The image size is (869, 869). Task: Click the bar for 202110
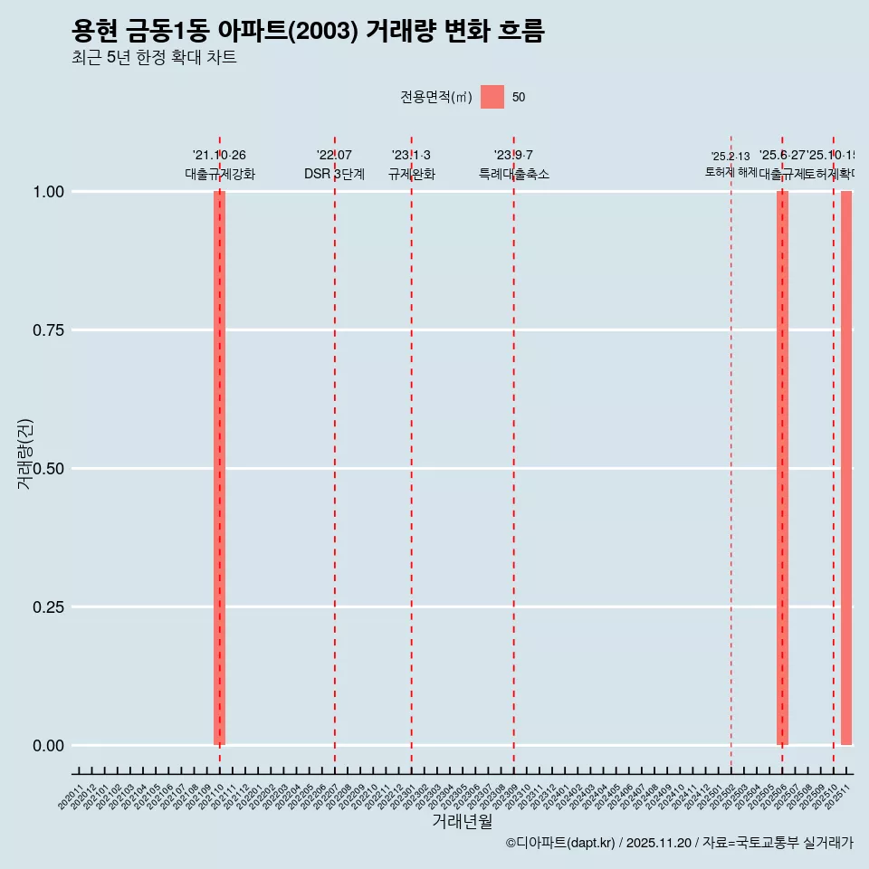point(219,468)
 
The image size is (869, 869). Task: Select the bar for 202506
point(782,468)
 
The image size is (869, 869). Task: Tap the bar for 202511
point(846,468)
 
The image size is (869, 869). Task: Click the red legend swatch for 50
point(492,97)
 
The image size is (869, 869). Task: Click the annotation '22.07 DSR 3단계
point(334,165)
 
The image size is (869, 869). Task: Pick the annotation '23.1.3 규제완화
point(411,165)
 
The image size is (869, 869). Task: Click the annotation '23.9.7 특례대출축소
point(513,165)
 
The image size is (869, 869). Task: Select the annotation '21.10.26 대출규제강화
point(219,165)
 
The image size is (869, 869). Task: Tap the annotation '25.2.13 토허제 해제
point(731,164)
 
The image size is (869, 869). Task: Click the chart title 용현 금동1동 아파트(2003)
point(308,32)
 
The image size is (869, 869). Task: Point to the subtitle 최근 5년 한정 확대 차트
point(154,58)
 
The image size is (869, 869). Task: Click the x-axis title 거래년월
point(462,822)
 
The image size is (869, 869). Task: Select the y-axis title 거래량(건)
point(24,454)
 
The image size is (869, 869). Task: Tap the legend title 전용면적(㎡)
point(436,97)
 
